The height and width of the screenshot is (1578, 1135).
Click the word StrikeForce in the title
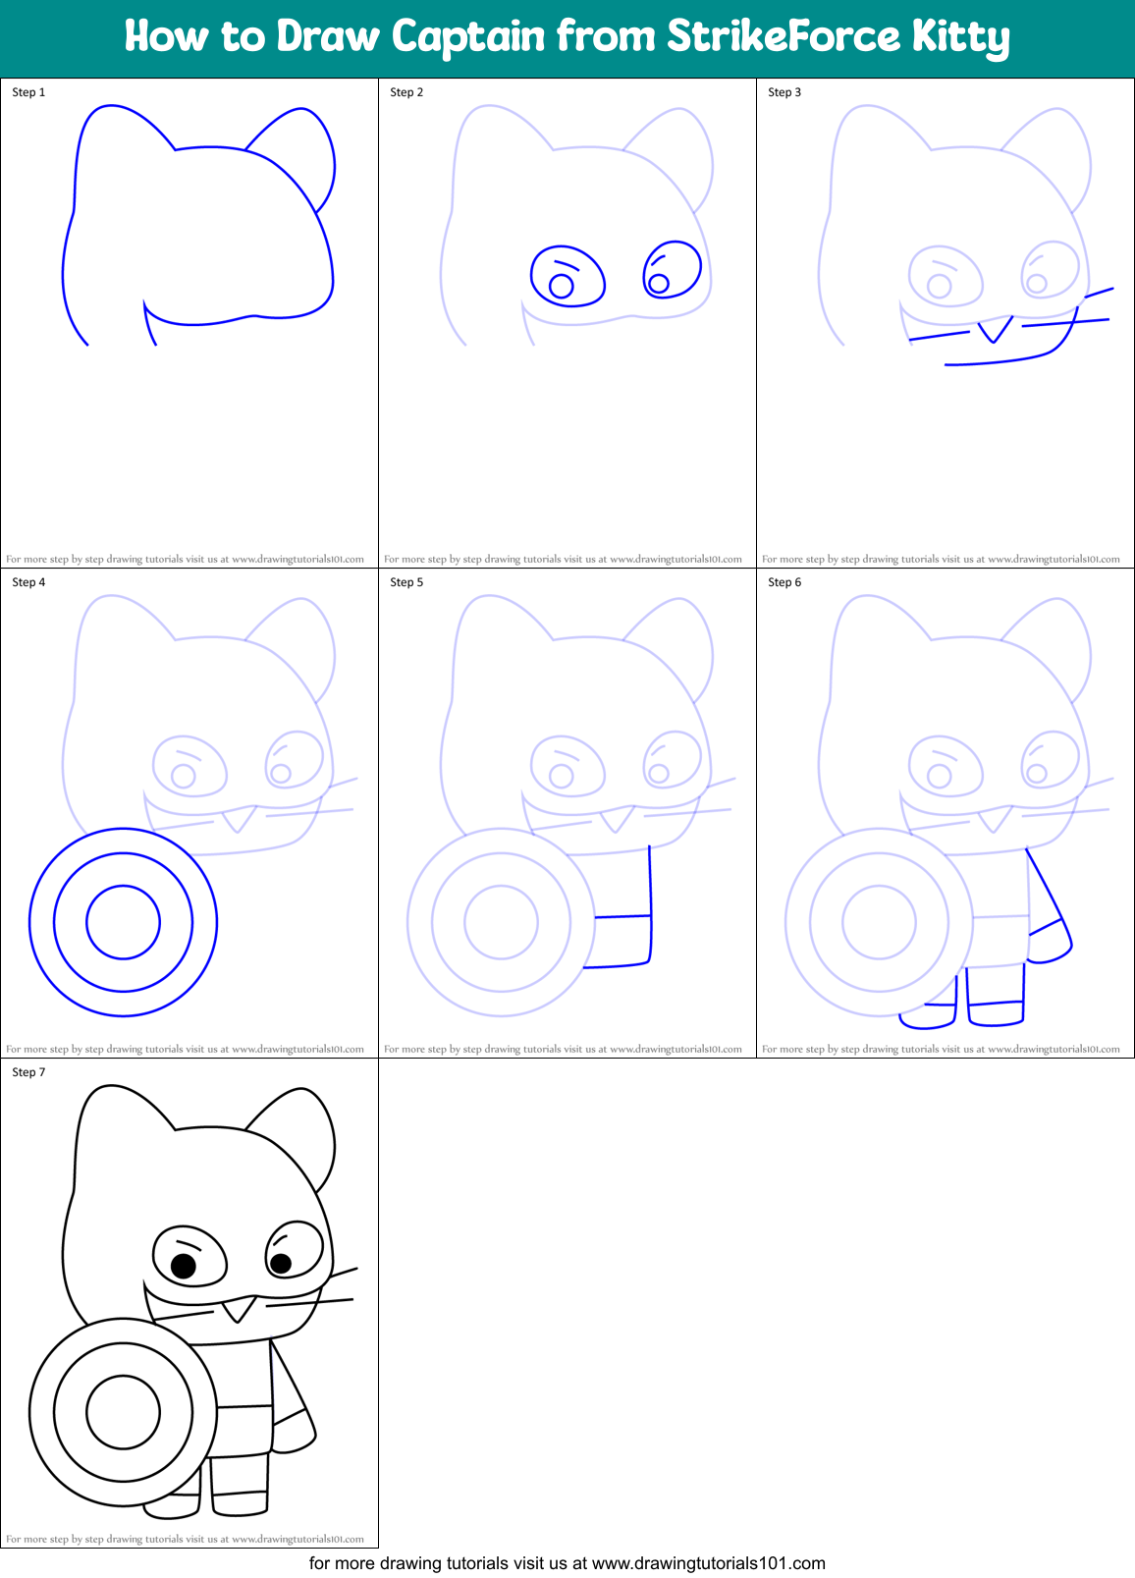click(783, 37)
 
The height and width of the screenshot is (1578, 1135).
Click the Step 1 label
click(28, 92)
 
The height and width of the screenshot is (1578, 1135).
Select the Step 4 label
click(28, 582)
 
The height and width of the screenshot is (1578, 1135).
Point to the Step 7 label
click(28, 1072)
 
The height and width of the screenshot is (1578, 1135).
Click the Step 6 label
click(784, 582)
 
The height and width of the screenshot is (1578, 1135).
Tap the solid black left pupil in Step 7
click(184, 1266)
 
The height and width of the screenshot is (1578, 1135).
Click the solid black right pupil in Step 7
click(281, 1263)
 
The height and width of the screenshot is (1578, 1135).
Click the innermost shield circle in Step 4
click(123, 922)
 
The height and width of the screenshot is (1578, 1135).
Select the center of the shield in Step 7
click(123, 1412)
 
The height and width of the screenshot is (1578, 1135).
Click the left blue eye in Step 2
click(567, 276)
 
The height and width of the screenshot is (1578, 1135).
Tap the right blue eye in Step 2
click(673, 269)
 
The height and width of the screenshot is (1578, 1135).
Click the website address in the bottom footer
click(708, 1563)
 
